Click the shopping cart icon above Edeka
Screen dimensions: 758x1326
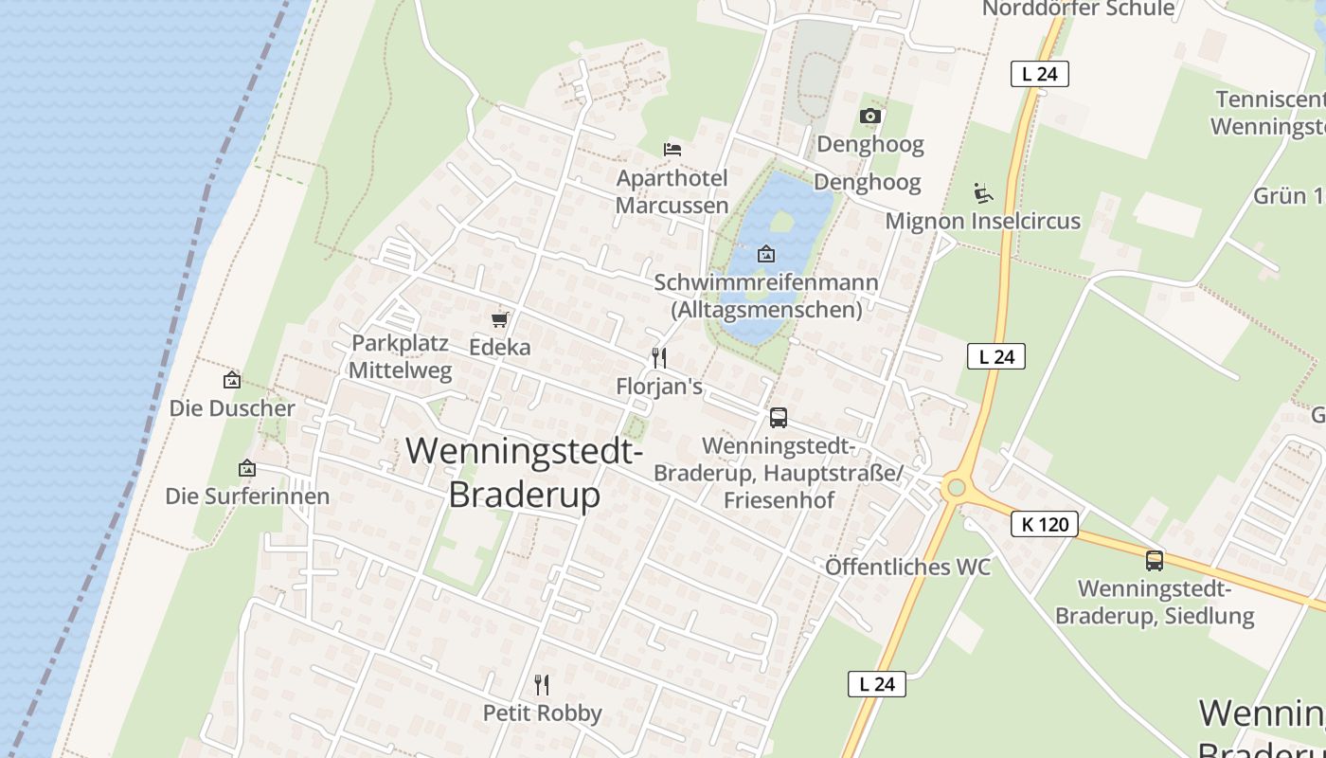tap(499, 320)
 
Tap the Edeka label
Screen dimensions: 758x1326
tap(500, 348)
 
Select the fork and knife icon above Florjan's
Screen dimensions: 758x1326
tap(659, 358)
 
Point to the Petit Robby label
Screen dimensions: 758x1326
tap(542, 713)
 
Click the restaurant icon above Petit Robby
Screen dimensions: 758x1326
tap(542, 684)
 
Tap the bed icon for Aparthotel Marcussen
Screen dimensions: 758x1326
tap(672, 150)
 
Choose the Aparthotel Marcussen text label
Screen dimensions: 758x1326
tap(672, 191)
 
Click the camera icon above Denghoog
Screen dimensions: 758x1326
tap(869, 117)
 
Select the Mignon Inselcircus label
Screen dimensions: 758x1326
tap(982, 222)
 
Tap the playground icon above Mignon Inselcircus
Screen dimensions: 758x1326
tap(983, 193)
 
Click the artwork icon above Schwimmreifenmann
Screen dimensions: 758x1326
tap(766, 254)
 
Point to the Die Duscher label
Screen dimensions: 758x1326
tap(232, 408)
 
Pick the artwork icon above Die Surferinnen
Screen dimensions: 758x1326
tap(247, 468)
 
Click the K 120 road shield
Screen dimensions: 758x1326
tap(1045, 524)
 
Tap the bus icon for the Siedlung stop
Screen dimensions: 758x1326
tap(1154, 560)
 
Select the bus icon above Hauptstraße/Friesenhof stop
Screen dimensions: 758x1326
tap(778, 417)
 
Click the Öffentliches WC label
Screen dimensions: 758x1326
tap(907, 567)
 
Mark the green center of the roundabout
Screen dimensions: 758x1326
tap(956, 488)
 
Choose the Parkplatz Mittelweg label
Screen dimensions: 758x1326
tap(400, 356)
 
